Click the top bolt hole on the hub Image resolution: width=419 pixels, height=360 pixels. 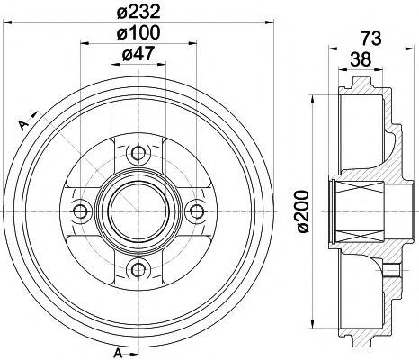138,151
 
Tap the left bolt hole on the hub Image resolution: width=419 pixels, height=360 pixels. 80,210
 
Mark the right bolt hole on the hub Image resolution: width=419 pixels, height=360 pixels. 195,210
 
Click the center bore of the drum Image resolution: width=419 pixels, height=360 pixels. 138,210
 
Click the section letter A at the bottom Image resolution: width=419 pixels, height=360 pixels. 118,351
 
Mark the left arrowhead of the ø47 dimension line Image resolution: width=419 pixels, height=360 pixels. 112,65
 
